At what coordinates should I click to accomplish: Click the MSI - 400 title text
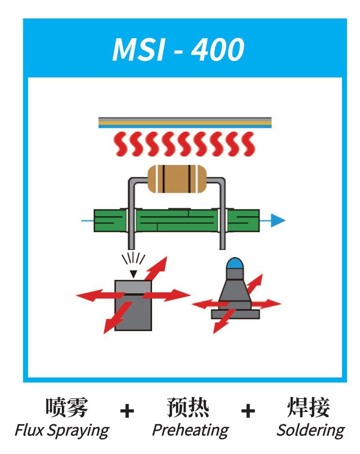point(178,50)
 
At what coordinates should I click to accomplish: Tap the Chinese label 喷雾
point(67,407)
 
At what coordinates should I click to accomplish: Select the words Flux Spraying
point(62,430)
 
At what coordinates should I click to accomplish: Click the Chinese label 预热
point(188,407)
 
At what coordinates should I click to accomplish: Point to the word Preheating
point(190,430)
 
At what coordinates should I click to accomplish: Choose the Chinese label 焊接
point(309,407)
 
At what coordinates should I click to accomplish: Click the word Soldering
point(310,430)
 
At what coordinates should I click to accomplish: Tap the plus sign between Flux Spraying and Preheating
point(127,411)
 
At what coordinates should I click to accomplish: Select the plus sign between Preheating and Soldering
point(248,411)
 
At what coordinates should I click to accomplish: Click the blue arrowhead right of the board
point(278,220)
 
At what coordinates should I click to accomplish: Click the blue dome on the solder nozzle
point(235,263)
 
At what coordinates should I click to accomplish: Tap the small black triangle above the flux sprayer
point(133,274)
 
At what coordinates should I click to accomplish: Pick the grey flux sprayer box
point(133,305)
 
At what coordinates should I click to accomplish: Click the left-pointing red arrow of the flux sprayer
point(99,295)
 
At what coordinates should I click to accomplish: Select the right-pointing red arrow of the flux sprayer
point(167,295)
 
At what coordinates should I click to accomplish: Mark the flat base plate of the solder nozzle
point(235,314)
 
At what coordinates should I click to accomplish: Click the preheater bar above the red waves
point(185,123)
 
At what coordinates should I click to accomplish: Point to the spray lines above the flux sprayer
point(133,258)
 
